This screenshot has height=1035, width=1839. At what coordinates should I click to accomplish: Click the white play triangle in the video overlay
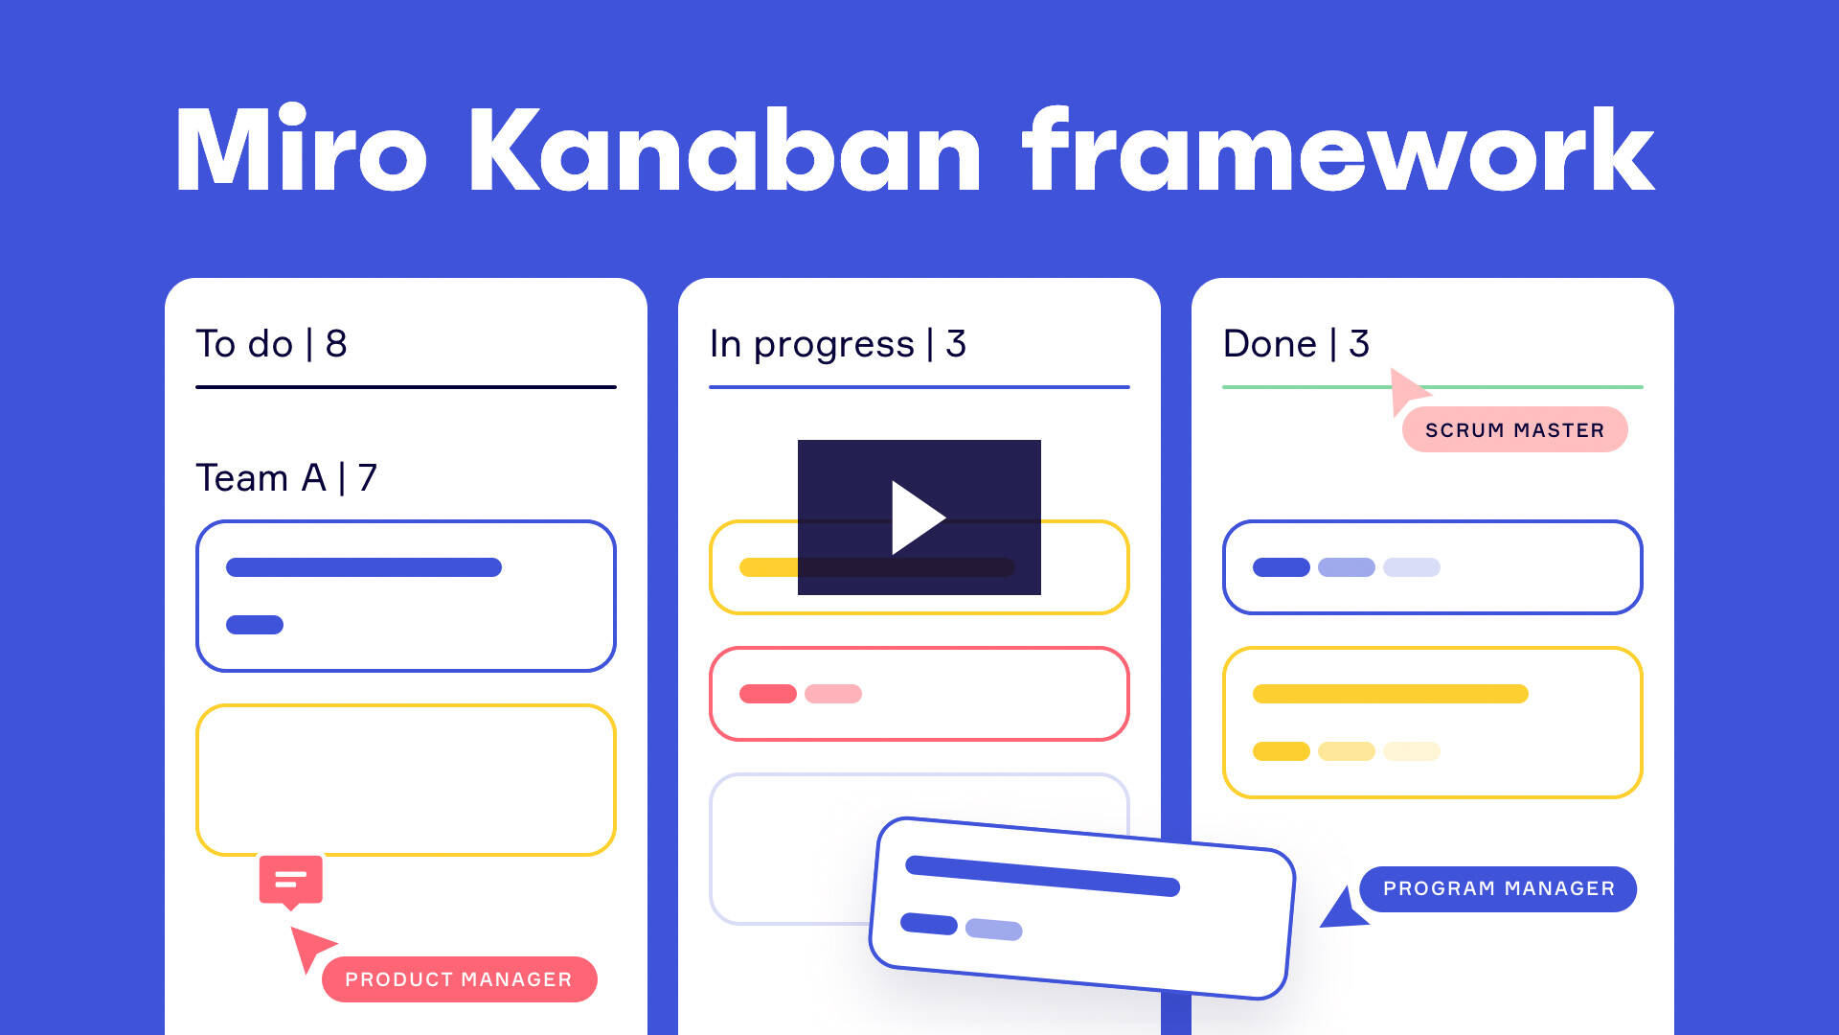pyautogui.click(x=917, y=517)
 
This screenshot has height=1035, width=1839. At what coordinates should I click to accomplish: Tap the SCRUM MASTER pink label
pyautogui.click(x=1514, y=429)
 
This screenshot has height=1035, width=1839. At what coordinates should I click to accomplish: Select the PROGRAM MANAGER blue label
pyautogui.click(x=1498, y=888)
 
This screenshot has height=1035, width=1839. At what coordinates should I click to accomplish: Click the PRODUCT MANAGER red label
pyautogui.click(x=459, y=979)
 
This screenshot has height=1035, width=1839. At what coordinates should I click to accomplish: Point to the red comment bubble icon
pyautogui.click(x=290, y=881)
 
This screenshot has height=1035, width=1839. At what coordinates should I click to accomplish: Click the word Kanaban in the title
pyautogui.click(x=724, y=150)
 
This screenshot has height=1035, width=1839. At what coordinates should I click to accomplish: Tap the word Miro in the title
pyautogui.click(x=300, y=149)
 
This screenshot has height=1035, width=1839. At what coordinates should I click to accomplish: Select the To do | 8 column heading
pyautogui.click(x=271, y=343)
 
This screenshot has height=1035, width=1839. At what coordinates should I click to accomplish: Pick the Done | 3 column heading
pyautogui.click(x=1296, y=343)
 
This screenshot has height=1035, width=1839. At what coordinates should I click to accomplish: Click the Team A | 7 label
pyautogui.click(x=286, y=477)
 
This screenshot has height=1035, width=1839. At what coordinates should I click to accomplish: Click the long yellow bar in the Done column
pyautogui.click(x=1390, y=694)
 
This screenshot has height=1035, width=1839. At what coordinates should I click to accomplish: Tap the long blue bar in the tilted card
pyautogui.click(x=1042, y=876)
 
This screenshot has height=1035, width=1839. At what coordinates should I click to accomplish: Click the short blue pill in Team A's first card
pyautogui.click(x=255, y=625)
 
